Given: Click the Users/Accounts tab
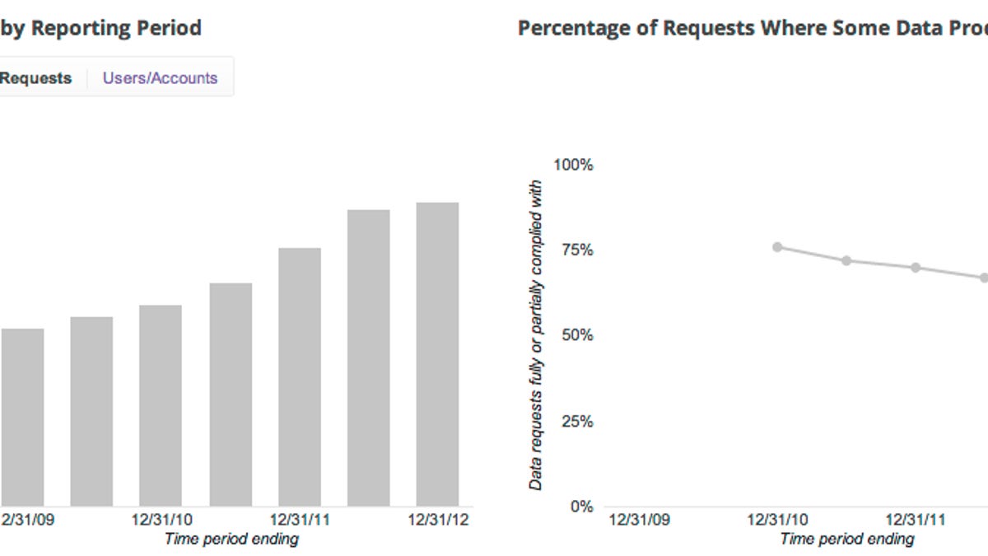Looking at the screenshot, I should (x=160, y=78).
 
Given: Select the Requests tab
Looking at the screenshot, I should (x=35, y=78).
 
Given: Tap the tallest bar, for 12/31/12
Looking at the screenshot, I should (x=437, y=354).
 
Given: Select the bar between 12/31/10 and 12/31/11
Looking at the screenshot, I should (x=231, y=395).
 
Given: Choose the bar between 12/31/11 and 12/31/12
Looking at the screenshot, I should (x=369, y=357).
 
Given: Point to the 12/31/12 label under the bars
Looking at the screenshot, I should (x=440, y=521).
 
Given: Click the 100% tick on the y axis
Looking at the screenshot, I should (x=573, y=165).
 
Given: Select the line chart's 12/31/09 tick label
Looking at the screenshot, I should (x=639, y=521).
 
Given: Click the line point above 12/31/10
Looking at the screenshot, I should (x=777, y=247).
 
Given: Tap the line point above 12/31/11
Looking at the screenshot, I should (x=916, y=268).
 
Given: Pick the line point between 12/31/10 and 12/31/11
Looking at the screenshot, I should (x=846, y=260).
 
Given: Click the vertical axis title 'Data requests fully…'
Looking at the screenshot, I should (x=536, y=335).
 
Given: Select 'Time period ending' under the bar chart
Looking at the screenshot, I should (x=231, y=540).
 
